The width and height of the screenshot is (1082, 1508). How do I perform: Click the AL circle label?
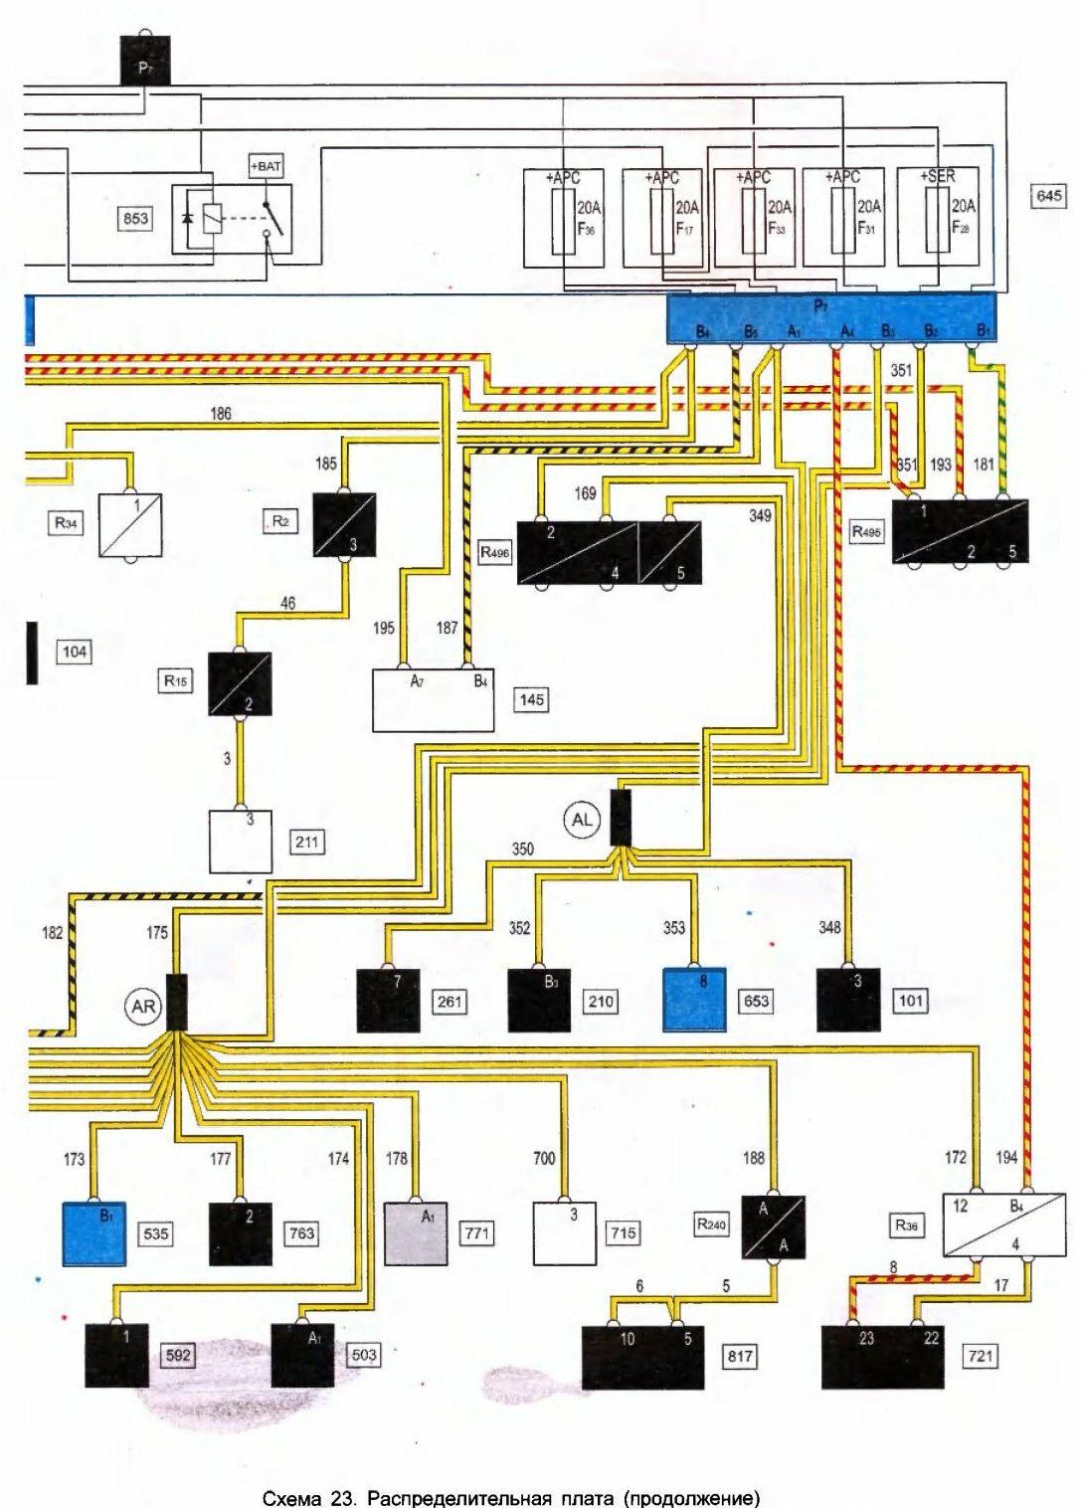point(582,820)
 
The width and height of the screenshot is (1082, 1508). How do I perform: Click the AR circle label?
point(144,1007)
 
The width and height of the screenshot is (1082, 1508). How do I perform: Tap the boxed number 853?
point(135,218)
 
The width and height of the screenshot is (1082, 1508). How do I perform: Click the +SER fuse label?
point(937,177)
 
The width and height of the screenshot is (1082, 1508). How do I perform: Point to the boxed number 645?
point(1049,196)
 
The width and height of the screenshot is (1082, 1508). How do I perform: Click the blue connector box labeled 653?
point(694,1000)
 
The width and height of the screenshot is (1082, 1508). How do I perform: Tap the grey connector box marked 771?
point(416,1233)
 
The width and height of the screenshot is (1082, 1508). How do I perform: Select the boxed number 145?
point(532,699)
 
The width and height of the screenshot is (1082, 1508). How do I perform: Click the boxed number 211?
point(307,842)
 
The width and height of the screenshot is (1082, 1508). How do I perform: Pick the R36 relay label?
point(906,1225)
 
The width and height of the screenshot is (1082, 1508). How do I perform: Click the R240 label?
point(711,1225)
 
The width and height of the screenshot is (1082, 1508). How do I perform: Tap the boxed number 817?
point(740,1355)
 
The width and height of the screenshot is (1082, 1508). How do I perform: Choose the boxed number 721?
point(981,1355)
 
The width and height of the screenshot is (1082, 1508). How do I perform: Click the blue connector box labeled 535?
point(94,1233)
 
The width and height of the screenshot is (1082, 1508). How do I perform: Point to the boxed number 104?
point(75,652)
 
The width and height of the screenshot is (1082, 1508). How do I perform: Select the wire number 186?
point(221,413)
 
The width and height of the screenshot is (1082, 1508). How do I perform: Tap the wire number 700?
point(544,1158)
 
